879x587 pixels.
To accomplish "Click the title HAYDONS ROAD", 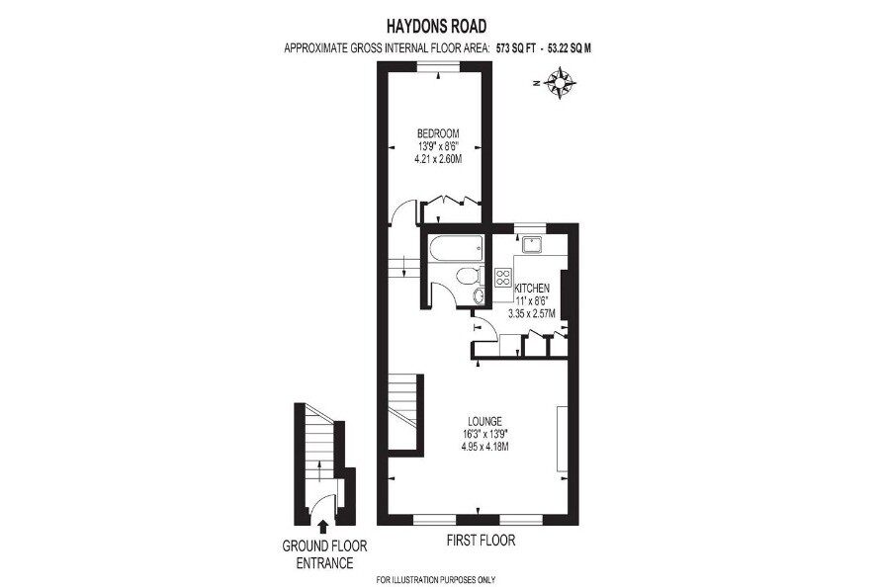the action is click(x=436, y=26).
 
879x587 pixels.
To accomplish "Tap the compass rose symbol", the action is click(x=560, y=83).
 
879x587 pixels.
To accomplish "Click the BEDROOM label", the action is click(x=438, y=133).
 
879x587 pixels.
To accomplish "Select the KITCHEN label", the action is click(x=532, y=289).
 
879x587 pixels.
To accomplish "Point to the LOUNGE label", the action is click(x=484, y=422).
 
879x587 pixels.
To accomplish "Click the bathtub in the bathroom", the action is click(x=455, y=248).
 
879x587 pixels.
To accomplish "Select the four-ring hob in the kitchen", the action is click(x=503, y=277).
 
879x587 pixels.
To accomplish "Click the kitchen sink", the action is click(x=530, y=245).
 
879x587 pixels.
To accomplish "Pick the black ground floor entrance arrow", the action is click(x=323, y=526).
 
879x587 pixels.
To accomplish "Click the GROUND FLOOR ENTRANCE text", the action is click(x=324, y=554).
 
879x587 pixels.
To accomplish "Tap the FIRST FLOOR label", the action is click(x=481, y=541).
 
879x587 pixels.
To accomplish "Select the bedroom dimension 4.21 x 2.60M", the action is click(x=438, y=159).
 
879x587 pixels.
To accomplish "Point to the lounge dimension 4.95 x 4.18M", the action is click(x=484, y=447).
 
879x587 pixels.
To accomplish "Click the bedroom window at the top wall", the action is click(x=438, y=66).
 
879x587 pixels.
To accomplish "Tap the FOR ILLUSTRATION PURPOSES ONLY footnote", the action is click(x=436, y=580).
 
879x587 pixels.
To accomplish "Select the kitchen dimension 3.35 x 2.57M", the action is click(x=531, y=314).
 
